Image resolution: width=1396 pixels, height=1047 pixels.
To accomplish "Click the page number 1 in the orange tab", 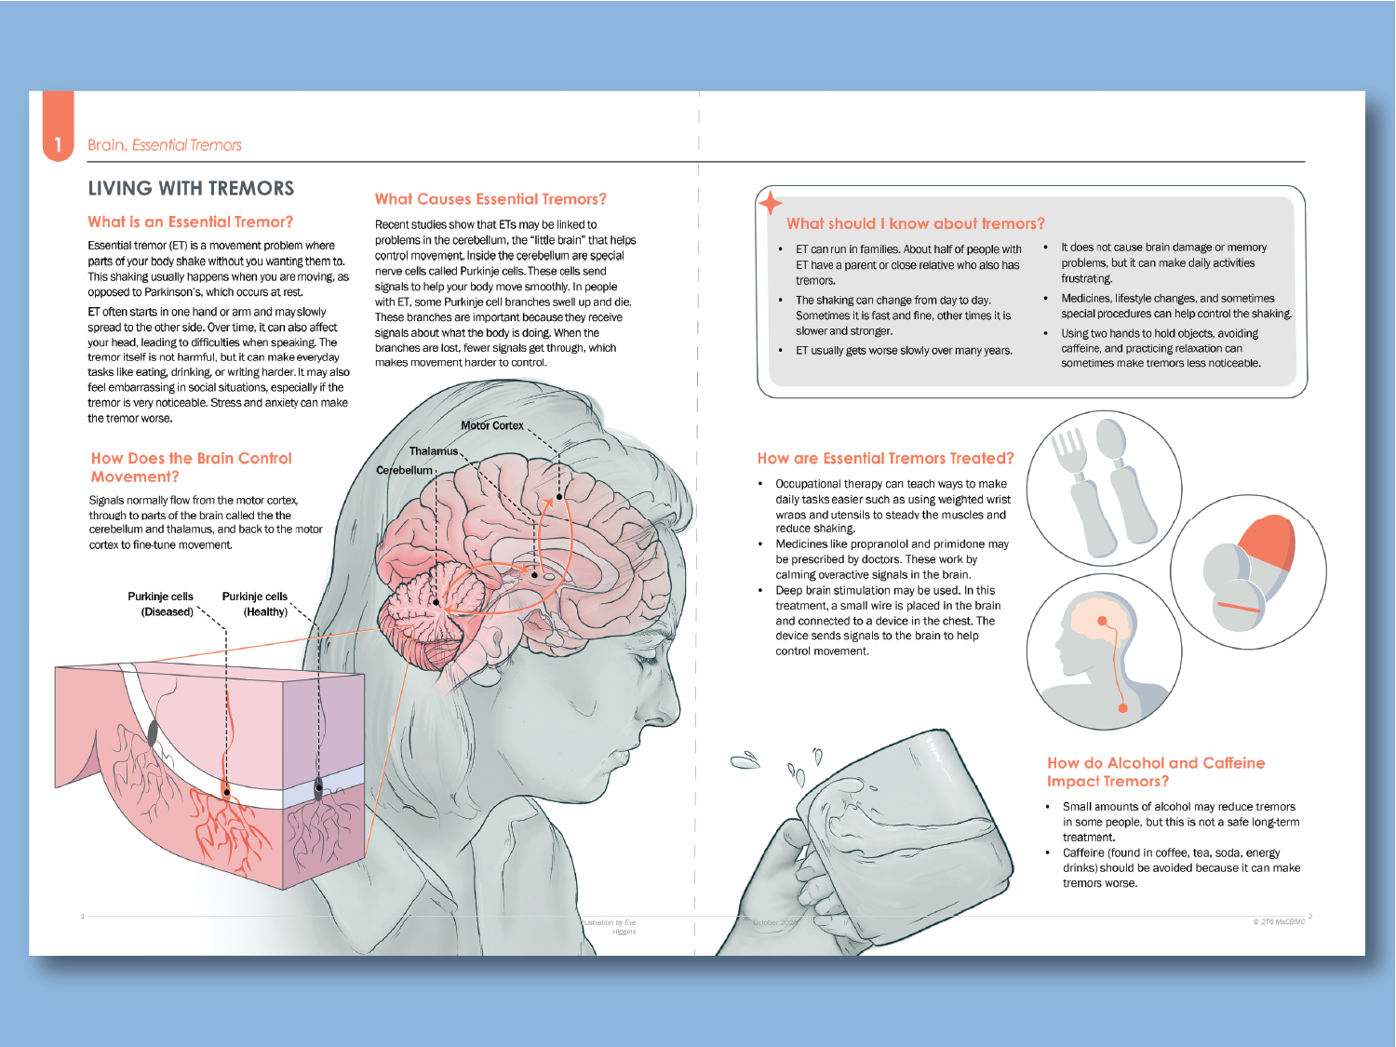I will coord(58,144).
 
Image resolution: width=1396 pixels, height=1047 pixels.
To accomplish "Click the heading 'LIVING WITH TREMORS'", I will coord(191,189).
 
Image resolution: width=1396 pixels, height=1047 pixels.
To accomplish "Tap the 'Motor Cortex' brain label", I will coord(492,425).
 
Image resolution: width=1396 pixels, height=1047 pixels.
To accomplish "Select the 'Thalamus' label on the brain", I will coord(434,451).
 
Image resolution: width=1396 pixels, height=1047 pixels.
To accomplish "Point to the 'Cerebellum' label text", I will coord(404,471).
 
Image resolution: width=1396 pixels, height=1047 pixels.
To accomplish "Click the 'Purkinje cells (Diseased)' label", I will coord(161,604).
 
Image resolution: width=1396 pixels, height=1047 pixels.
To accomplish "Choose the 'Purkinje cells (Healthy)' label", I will coord(255,604).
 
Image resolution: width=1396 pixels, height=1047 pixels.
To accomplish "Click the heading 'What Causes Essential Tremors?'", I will coord(490,199).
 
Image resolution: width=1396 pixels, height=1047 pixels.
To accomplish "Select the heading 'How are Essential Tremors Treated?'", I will coord(885,459).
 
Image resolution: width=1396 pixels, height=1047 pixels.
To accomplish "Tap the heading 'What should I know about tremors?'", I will coord(915,224).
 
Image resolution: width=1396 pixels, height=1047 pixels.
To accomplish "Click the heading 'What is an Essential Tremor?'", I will coord(191,222).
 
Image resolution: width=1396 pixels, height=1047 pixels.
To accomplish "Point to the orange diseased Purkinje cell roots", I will coord(223,819).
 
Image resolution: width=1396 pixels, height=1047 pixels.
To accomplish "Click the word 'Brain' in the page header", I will coord(106,145).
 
